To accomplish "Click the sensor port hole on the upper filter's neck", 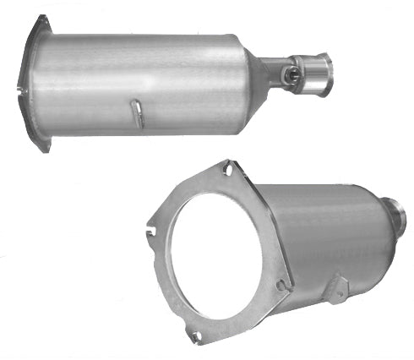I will coord(292,74).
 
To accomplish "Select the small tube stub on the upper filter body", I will coord(137,113).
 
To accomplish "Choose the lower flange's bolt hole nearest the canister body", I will coord(281,286).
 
